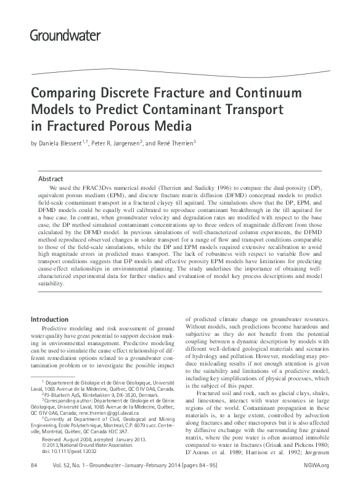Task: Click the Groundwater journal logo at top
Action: [65, 35]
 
